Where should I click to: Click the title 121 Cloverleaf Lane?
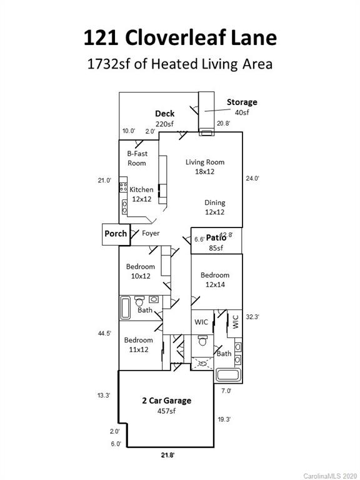pyautogui.click(x=180, y=37)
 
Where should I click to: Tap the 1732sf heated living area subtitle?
pyautogui.click(x=180, y=64)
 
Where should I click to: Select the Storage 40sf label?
pyautogui.click(x=241, y=107)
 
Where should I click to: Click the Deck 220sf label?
pyautogui.click(x=165, y=119)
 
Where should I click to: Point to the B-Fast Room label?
pyautogui.click(x=137, y=158)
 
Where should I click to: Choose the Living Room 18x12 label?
pyautogui.click(x=204, y=166)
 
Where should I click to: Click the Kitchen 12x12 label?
pyautogui.click(x=141, y=194)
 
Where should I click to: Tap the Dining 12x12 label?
pyautogui.click(x=214, y=207)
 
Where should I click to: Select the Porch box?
pyautogui.click(x=115, y=234)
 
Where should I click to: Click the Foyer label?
pyautogui.click(x=151, y=233)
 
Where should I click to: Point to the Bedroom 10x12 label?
pyautogui.click(x=140, y=271)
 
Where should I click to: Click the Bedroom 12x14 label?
pyautogui.click(x=215, y=279)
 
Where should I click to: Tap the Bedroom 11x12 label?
pyautogui.click(x=138, y=345)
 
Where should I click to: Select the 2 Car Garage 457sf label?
pyautogui.click(x=166, y=405)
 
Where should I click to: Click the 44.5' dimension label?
pyautogui.click(x=104, y=334)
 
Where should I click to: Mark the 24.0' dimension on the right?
pyautogui.click(x=252, y=178)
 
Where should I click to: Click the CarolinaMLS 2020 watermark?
pyautogui.click(x=330, y=475)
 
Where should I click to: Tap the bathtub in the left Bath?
pyautogui.click(x=126, y=307)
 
